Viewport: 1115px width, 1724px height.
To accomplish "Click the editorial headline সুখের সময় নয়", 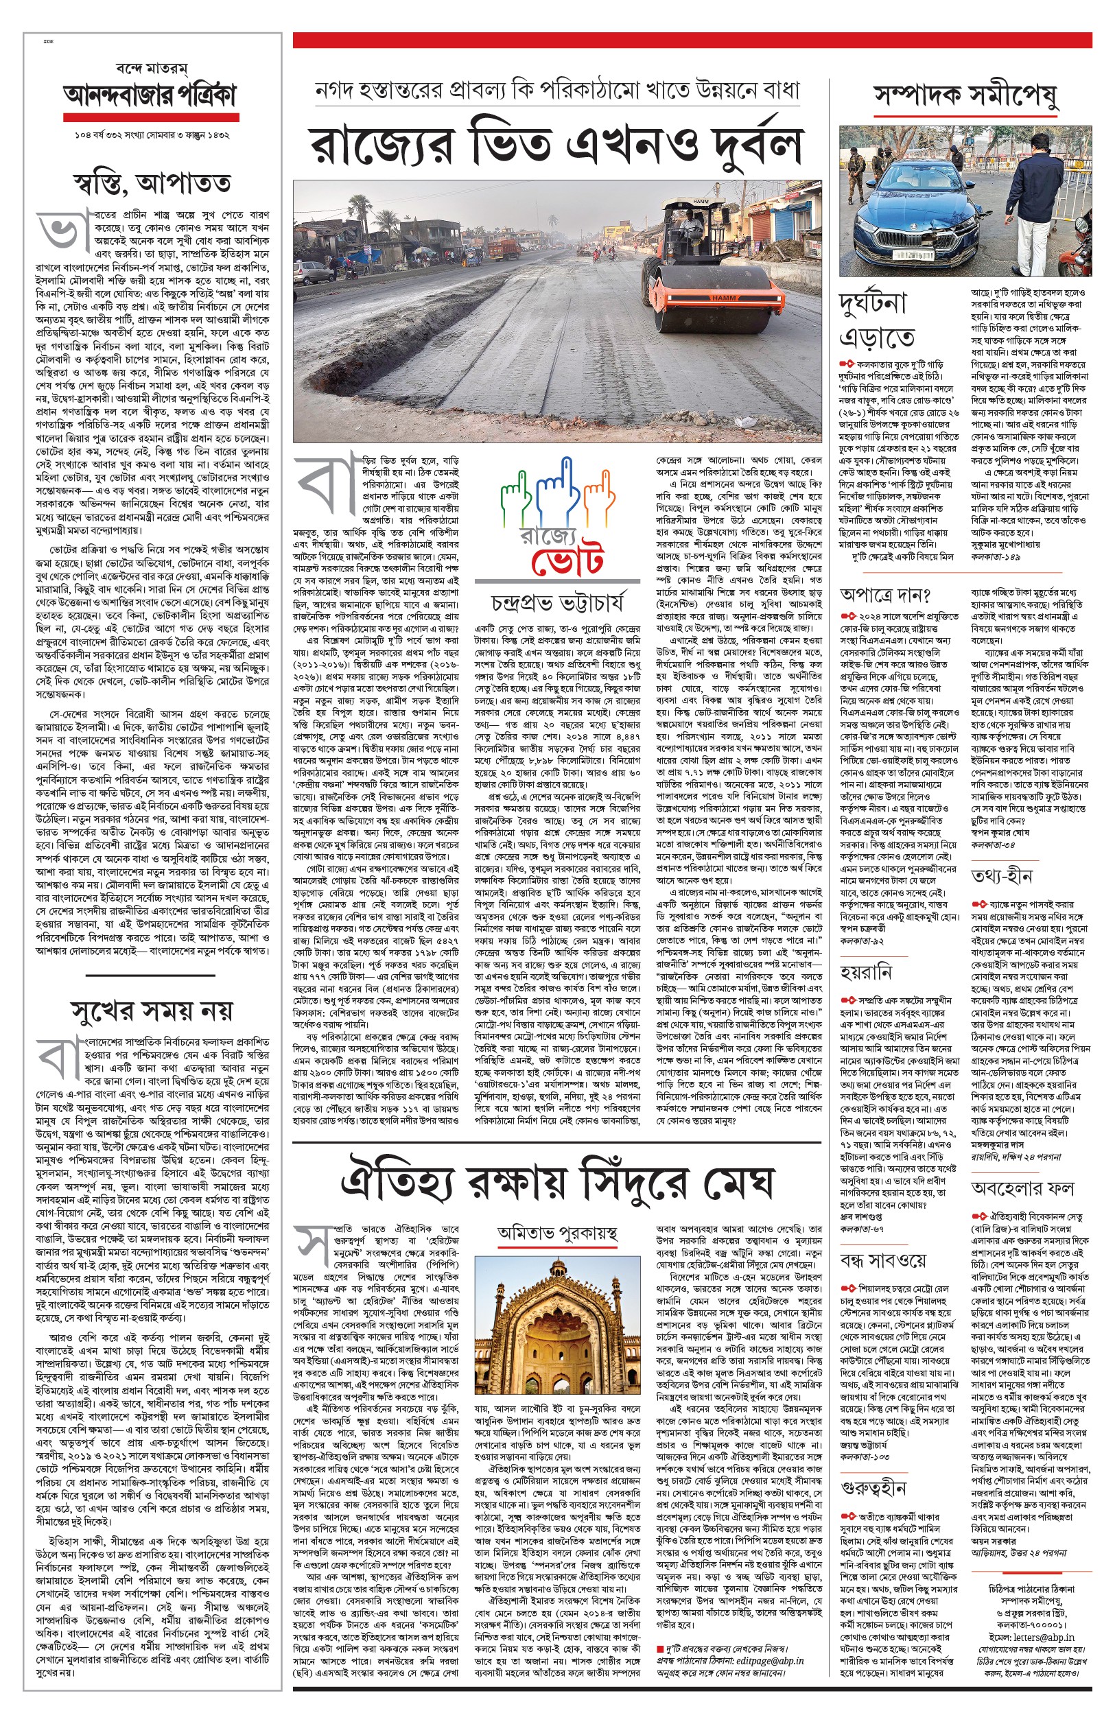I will (152, 1011).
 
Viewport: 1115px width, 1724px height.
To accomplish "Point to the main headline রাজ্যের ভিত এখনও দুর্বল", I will (556, 145).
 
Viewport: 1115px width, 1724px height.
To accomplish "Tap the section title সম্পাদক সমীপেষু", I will (965, 95).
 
